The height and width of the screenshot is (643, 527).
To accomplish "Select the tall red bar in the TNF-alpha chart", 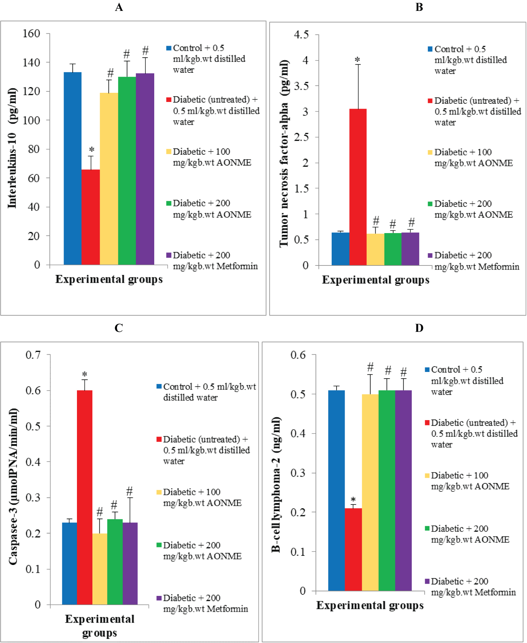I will pyautogui.click(x=358, y=187).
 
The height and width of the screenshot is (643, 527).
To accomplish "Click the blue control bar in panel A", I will pyautogui.click(x=73, y=168).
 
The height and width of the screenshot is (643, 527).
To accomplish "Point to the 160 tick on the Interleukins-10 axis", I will pyautogui.click(x=32, y=34).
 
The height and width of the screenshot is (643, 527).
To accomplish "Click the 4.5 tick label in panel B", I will pyautogui.click(x=301, y=35).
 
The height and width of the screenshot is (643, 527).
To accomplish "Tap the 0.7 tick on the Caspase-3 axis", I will pyautogui.click(x=33, y=355).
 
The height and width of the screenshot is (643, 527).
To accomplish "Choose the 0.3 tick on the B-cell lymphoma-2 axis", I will pyautogui.click(x=298, y=473).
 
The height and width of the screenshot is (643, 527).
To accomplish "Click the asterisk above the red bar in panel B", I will pyautogui.click(x=357, y=60).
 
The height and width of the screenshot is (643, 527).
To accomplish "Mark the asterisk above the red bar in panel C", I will pyautogui.click(x=85, y=375).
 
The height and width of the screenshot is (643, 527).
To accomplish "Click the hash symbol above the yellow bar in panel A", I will pyautogui.click(x=110, y=73).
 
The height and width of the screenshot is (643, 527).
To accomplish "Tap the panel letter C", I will pyautogui.click(x=119, y=328).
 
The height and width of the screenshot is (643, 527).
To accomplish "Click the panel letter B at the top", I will pyautogui.click(x=419, y=7).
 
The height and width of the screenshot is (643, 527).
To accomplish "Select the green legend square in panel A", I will pyautogui.click(x=169, y=203).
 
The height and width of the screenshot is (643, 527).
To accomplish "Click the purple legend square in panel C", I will pyautogui.click(x=159, y=598).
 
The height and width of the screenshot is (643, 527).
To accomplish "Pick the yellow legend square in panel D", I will pyautogui.click(x=427, y=475).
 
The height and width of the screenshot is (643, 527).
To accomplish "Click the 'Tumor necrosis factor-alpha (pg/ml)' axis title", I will pyautogui.click(x=284, y=154).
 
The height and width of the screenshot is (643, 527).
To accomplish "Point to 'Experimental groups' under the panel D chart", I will pyautogui.click(x=370, y=605).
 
